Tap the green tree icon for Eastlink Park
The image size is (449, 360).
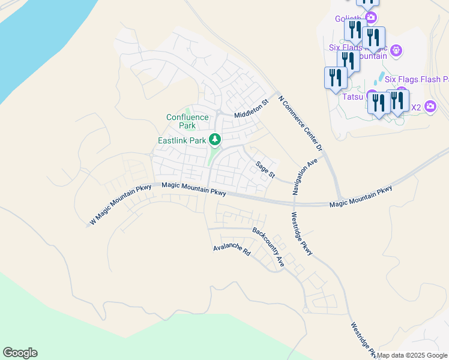click(215, 140)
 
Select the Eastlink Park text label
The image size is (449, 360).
click(182, 140)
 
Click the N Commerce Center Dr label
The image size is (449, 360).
click(301, 122)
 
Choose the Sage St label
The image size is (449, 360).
click(265, 169)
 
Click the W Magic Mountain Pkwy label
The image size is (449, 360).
click(121, 205)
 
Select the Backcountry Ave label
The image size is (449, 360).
click(268, 247)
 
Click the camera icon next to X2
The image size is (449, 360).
click(430, 107)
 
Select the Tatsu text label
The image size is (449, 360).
click(353, 96)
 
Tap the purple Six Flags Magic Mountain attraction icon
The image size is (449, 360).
click(396, 50)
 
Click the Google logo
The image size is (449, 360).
click(20, 353)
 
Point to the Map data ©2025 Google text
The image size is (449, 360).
click(412, 355)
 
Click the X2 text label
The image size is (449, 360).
click(415, 107)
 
